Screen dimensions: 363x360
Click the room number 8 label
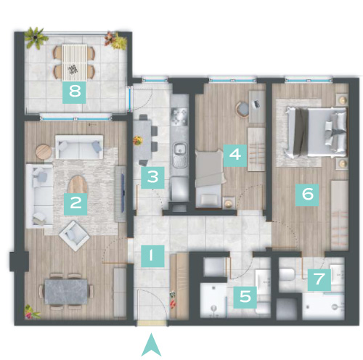click(74, 92)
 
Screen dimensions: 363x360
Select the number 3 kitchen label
click(152, 178)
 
